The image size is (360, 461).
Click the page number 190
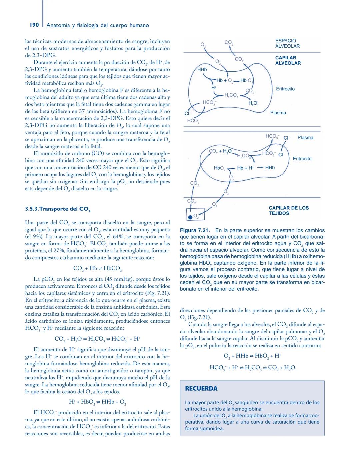[34, 25]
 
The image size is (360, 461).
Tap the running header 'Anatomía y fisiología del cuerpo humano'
[98, 25]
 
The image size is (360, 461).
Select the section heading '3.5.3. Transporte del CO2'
[58, 210]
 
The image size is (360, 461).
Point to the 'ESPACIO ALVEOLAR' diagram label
[287, 43]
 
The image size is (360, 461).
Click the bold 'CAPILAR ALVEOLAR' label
[288, 60]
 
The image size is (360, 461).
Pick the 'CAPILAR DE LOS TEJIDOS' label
[289, 210]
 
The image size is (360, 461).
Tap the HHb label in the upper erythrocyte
[202, 70]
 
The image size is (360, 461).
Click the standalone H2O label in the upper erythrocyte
[253, 103]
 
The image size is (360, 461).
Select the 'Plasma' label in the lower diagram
[305, 138]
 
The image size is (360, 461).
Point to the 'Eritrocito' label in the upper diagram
[285, 89]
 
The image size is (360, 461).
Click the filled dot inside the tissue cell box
[190, 217]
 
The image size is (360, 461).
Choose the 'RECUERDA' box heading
[201, 388]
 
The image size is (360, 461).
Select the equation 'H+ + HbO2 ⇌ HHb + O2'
[97, 402]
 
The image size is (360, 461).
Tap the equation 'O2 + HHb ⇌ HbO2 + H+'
[252, 356]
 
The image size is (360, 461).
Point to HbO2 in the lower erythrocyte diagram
[220, 168]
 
